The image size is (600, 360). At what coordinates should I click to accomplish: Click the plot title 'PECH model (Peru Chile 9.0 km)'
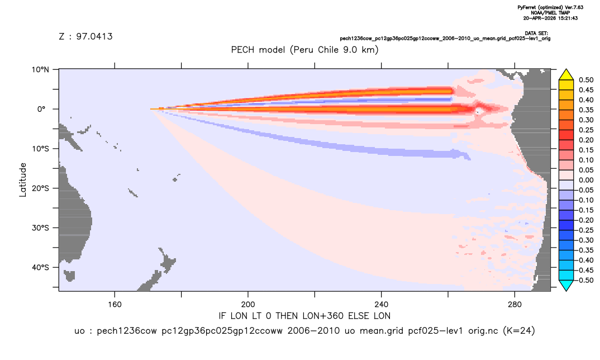pyautogui.click(x=304, y=50)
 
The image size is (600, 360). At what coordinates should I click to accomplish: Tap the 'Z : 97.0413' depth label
pyautogui.click(x=85, y=36)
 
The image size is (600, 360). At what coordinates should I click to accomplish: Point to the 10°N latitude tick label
pyautogui.click(x=40, y=69)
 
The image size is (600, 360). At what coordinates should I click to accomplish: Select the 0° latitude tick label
pyautogui.click(x=41, y=109)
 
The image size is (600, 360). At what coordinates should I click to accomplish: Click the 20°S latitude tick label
pyautogui.click(x=40, y=188)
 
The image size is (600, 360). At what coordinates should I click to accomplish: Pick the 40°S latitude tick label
pyautogui.click(x=40, y=267)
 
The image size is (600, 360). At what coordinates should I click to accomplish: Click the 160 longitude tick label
pyautogui.click(x=115, y=305)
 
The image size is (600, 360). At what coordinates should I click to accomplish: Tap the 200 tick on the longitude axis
pyautogui.click(x=248, y=305)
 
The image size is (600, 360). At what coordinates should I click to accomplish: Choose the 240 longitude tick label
pyautogui.click(x=382, y=305)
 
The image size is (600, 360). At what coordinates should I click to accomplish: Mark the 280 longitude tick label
pyautogui.click(x=515, y=305)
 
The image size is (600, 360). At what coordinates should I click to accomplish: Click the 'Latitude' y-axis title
pyautogui.click(x=22, y=180)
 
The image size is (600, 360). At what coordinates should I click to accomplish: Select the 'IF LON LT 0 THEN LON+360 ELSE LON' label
pyautogui.click(x=304, y=316)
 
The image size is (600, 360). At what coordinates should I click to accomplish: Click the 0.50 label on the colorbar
pyautogui.click(x=586, y=80)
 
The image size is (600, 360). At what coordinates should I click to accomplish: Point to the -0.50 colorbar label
pyautogui.click(x=585, y=280)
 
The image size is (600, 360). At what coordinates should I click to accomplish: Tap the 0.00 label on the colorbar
pyautogui.click(x=586, y=180)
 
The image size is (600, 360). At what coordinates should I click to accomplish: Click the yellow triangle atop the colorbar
pyautogui.click(x=566, y=75)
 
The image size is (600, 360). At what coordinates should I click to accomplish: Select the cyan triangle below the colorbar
pyautogui.click(x=566, y=285)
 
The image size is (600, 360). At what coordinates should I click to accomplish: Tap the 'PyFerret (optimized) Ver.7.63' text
pyautogui.click(x=550, y=7)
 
